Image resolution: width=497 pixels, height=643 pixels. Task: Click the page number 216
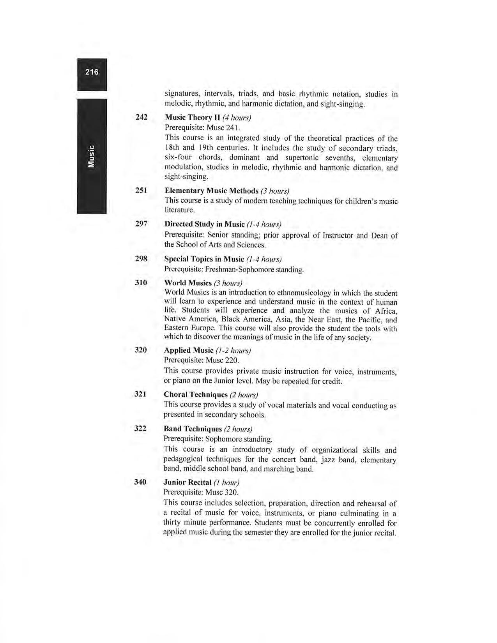point(92,72)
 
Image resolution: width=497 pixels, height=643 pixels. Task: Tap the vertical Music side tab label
point(92,156)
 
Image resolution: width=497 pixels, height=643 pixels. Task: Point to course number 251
point(141,190)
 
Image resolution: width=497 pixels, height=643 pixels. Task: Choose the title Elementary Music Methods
point(211,191)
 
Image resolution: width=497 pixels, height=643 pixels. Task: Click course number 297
point(141,224)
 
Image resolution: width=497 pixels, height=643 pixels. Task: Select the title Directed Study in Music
point(204,224)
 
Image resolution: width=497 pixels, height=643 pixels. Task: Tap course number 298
point(141,258)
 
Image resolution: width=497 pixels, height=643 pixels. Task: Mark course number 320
point(141,350)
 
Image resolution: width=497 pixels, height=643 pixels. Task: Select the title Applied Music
point(189,350)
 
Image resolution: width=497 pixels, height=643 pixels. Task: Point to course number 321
point(140,394)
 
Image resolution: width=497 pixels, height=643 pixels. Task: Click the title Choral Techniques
point(196,394)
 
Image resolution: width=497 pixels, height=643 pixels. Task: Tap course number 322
point(140,428)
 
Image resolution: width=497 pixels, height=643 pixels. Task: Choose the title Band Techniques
point(193,429)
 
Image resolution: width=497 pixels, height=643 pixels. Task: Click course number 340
point(140,482)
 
